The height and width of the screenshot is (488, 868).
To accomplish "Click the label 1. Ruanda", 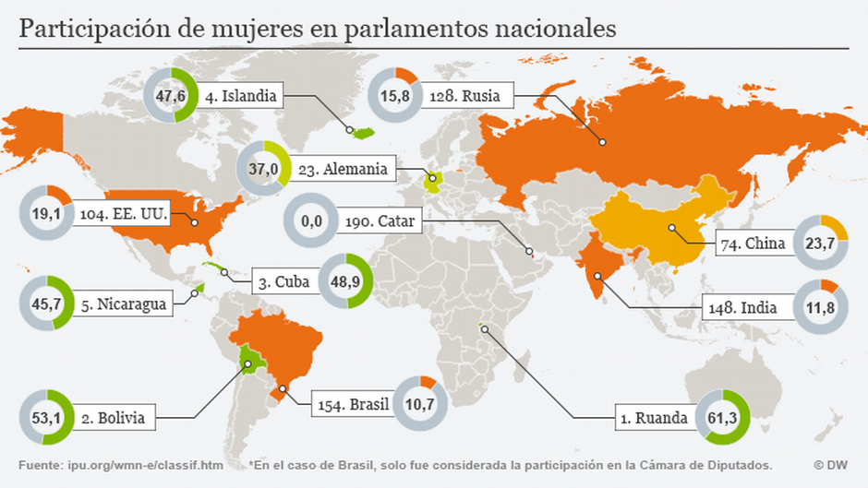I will tap(655, 418).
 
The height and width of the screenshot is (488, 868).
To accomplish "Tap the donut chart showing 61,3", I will tap(721, 418).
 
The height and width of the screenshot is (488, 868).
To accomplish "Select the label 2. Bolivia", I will tap(113, 418).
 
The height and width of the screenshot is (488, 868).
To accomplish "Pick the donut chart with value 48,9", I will tap(345, 283).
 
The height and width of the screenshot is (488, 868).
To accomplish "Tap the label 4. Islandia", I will tap(236, 94).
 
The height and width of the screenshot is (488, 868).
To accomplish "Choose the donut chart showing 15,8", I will tap(395, 95).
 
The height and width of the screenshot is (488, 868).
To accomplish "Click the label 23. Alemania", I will tap(347, 169).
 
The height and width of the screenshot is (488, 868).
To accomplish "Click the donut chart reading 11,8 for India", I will tap(819, 307).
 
